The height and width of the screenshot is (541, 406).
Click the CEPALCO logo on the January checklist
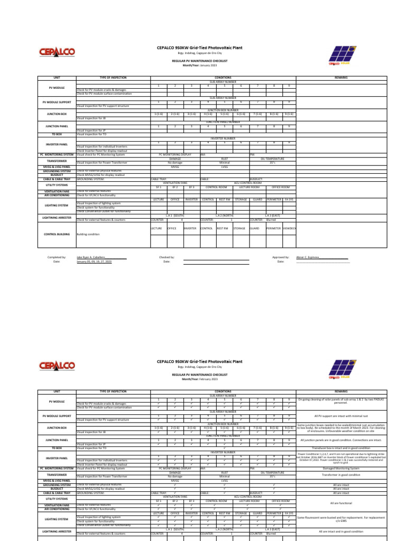point(56,52)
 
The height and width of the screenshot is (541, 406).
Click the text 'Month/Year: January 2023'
point(200,64)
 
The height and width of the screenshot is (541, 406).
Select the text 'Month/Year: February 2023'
point(200,379)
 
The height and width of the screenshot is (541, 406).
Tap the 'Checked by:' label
point(167,257)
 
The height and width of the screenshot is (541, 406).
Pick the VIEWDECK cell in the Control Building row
point(289,228)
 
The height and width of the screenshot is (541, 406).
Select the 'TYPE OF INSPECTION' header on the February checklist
point(112,392)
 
